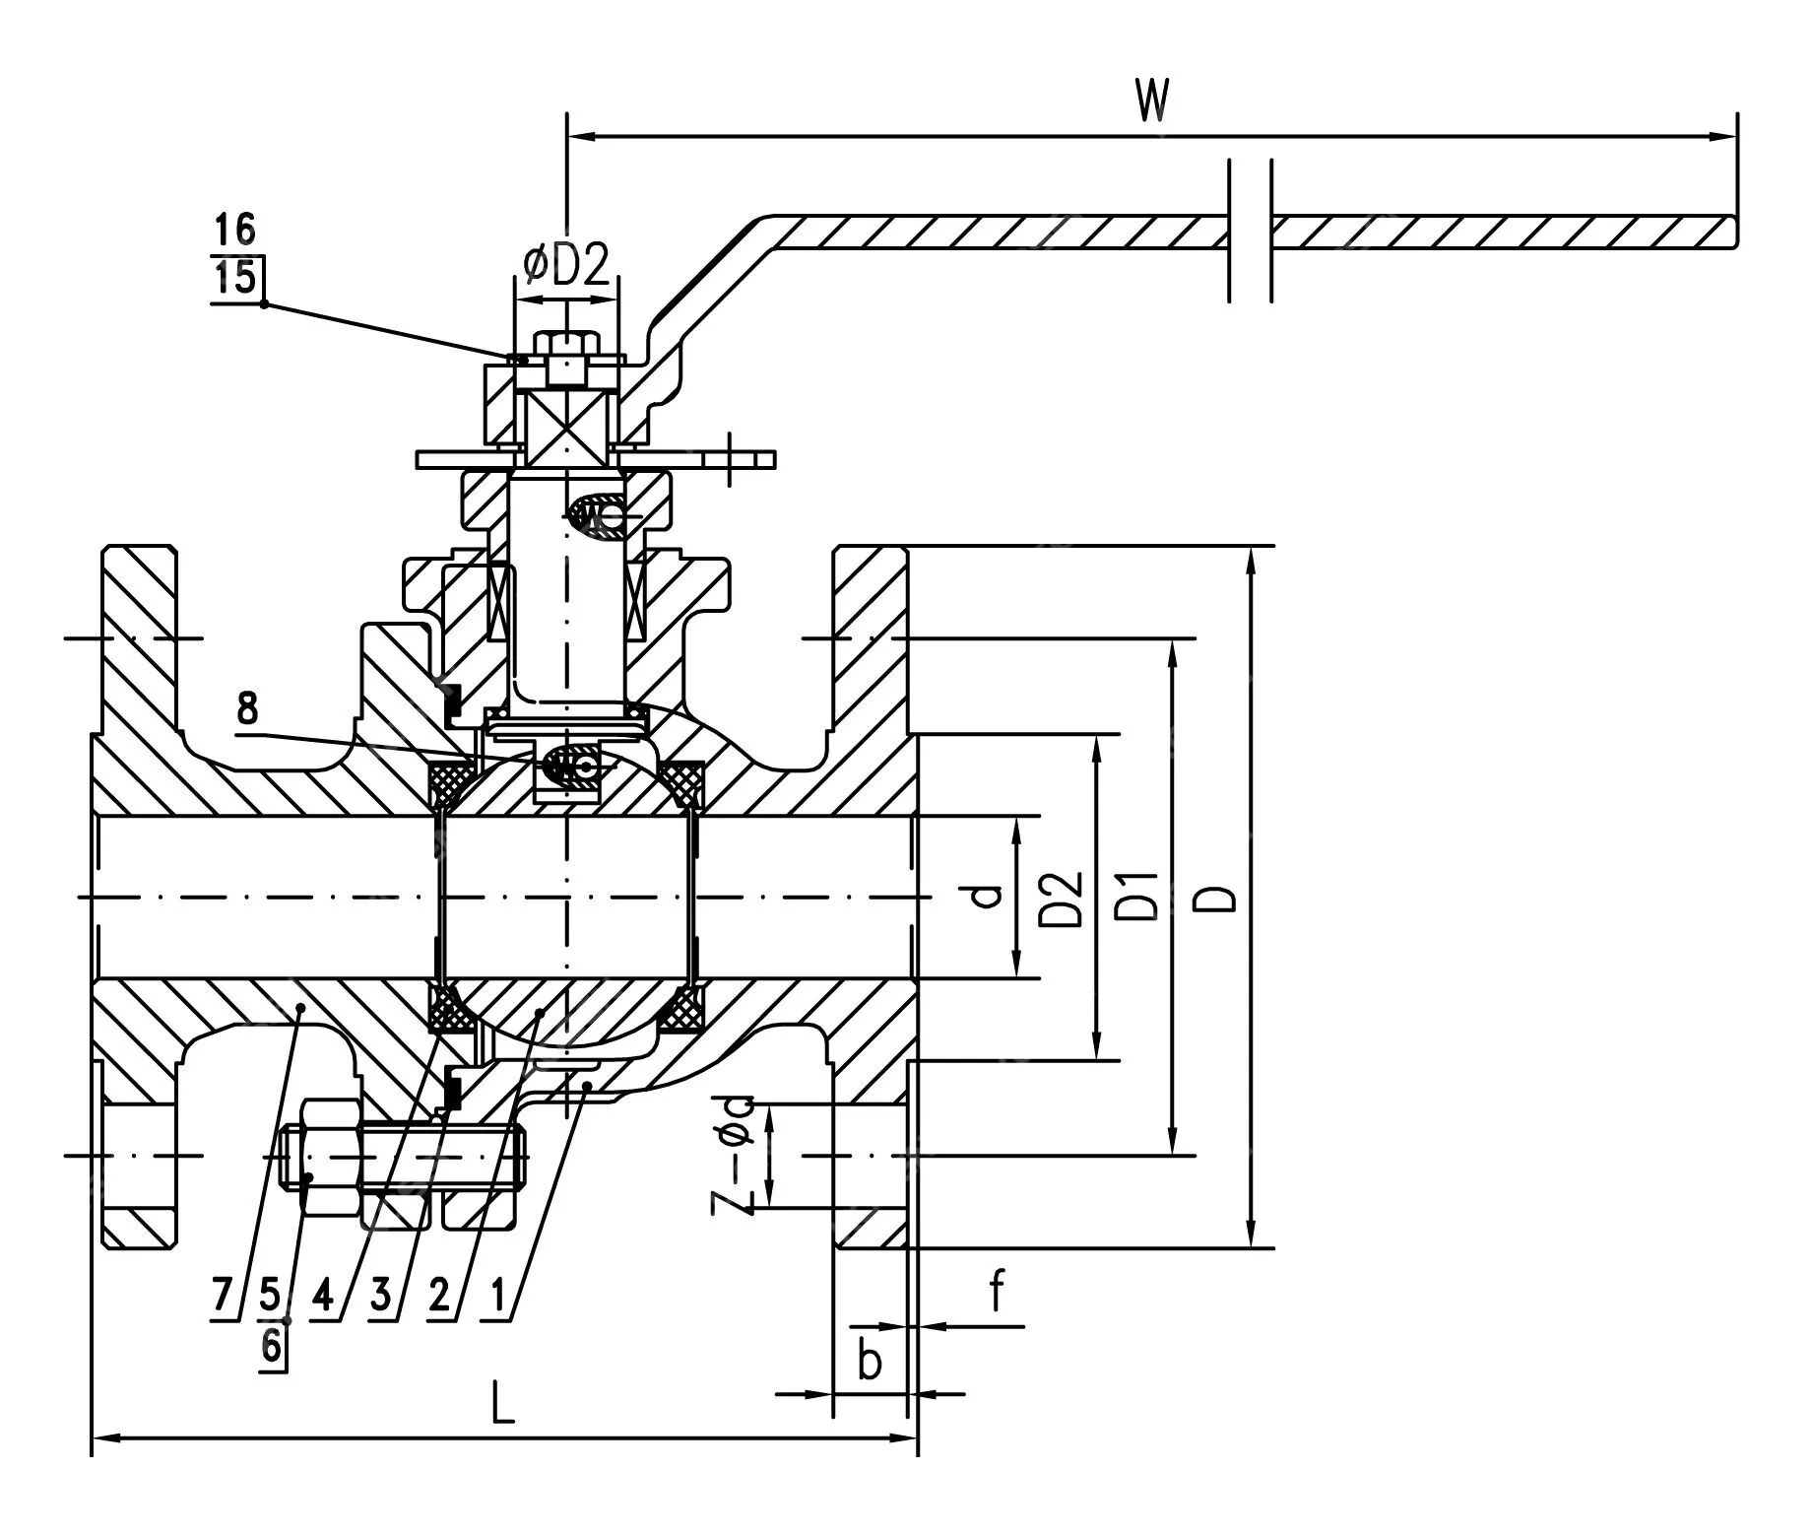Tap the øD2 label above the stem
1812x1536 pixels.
point(566,264)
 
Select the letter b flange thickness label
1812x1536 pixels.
point(869,1362)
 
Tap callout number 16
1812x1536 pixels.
point(235,231)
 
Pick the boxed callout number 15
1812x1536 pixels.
point(236,277)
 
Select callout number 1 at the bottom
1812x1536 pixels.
point(498,1294)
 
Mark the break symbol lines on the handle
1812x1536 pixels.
point(1251,230)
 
